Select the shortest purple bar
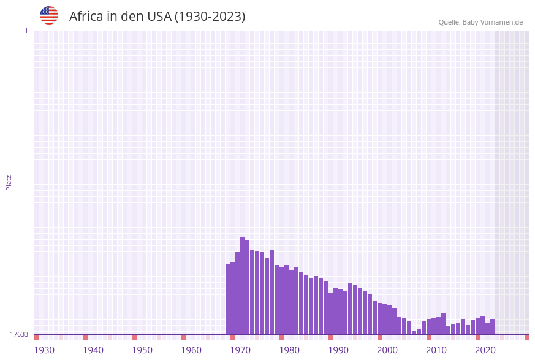coord(414,332)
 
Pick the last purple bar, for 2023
coord(492,327)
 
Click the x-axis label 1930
coord(44,350)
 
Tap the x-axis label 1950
coord(142,350)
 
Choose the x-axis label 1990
coord(338,350)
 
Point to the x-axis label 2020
coord(485,350)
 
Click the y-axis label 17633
coord(19,334)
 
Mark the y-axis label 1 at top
coord(26,31)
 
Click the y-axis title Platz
coord(9,182)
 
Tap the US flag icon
coord(49,15)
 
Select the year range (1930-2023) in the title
coord(210,17)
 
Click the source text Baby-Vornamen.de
coord(493,22)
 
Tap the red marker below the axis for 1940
coord(85,337)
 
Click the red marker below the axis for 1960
coord(183,337)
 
